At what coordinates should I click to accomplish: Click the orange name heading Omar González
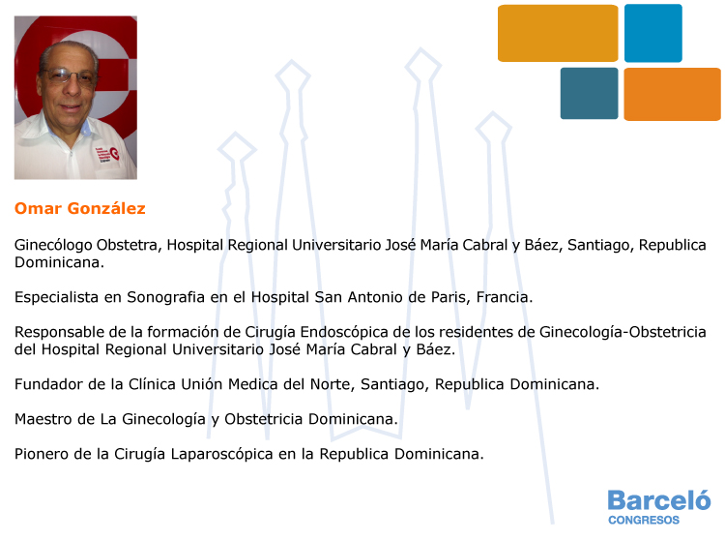80,208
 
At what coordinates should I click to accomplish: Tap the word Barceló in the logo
659,500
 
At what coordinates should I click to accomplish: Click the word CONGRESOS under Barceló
644,520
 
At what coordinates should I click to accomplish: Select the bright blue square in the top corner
652,33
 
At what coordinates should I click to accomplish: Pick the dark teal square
589,94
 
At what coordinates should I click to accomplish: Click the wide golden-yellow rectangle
558,33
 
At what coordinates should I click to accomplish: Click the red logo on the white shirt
107,154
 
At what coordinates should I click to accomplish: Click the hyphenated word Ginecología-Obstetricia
623,332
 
